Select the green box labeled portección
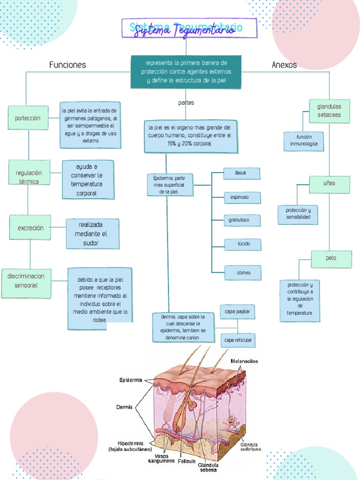(28, 118)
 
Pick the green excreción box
(30, 228)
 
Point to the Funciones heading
(67, 65)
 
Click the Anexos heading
(284, 65)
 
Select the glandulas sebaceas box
(329, 111)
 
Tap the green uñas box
(329, 184)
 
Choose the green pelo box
(331, 259)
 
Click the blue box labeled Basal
(241, 173)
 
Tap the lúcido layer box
(243, 244)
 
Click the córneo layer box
(243, 272)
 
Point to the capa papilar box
(237, 311)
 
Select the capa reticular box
(238, 340)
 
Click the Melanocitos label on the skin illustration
(244, 361)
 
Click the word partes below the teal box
(186, 103)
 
